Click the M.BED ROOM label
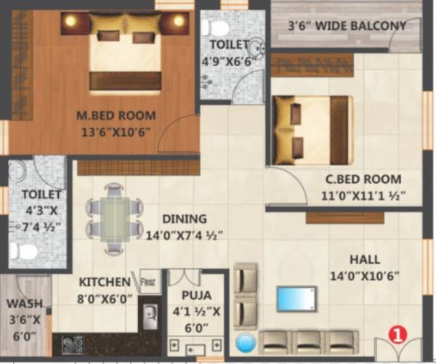[116, 115]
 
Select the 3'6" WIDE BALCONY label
[347, 26]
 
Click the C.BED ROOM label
[364, 179]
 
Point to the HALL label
[364, 259]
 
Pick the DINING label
[184, 219]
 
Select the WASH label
[25, 303]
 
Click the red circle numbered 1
[397, 334]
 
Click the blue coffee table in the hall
[296, 299]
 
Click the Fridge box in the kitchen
[150, 281]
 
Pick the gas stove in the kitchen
[72, 344]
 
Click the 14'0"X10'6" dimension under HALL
[364, 276]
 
